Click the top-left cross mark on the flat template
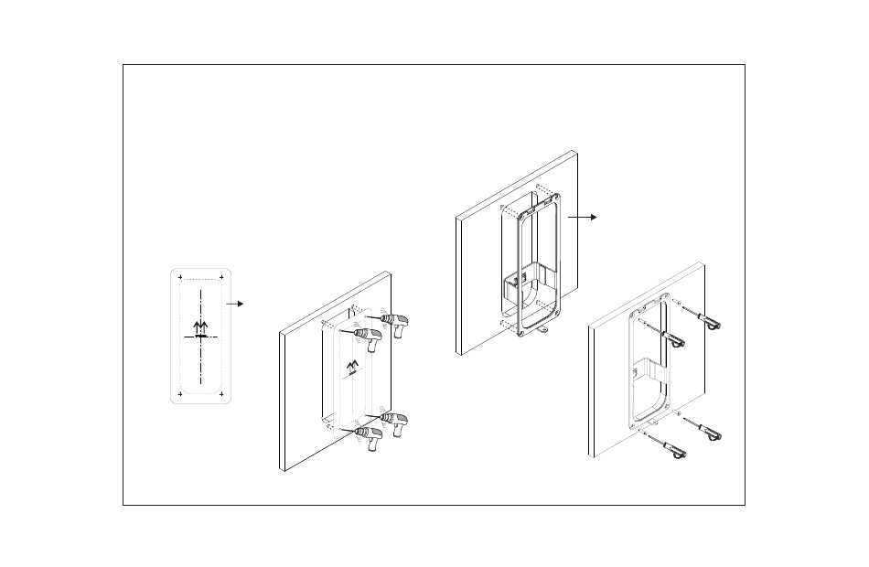(180, 276)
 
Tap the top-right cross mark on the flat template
(222, 276)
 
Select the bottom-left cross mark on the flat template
(180, 393)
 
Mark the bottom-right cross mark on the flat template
(222, 393)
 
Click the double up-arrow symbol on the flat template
(201, 326)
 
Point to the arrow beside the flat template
(235, 303)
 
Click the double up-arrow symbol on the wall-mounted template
(352, 368)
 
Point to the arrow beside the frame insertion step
(582, 217)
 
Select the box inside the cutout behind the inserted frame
(529, 284)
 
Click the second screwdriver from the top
(674, 340)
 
